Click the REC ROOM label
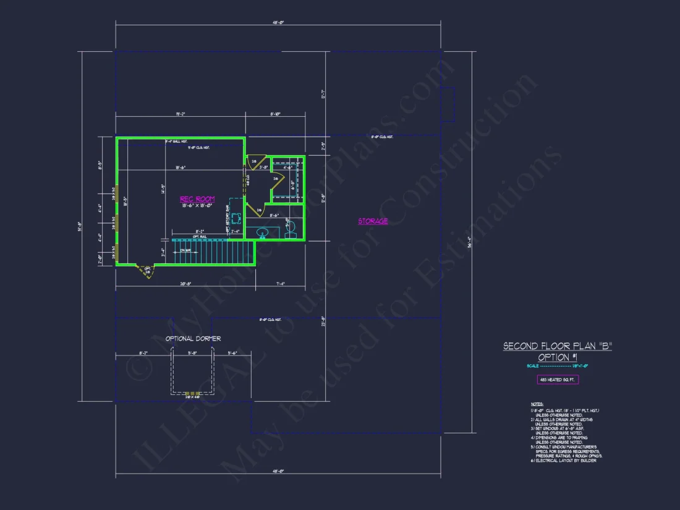[197, 199]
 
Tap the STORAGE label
[373, 221]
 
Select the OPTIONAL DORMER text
[193, 339]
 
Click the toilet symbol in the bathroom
[292, 230]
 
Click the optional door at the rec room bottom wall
[147, 270]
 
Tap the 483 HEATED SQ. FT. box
[557, 380]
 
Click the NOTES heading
[537, 403]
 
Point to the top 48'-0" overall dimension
[278, 22]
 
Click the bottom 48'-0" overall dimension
[278, 472]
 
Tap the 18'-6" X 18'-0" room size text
[197, 205]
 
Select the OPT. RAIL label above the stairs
[199, 236]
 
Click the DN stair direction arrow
[184, 250]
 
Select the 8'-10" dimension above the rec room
[276, 114]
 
